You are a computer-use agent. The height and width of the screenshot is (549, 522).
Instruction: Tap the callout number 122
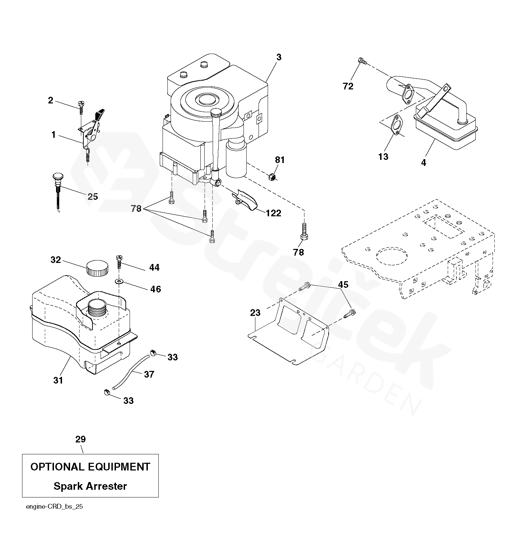point(273,213)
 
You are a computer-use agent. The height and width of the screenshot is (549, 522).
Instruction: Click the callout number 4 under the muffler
point(423,163)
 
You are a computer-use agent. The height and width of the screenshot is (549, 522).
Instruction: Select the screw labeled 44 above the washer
point(119,262)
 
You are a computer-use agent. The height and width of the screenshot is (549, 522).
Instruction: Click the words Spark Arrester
point(90,486)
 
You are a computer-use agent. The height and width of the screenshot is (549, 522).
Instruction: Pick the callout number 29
point(81,439)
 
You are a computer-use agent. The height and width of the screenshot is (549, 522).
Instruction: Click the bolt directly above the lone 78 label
point(304,232)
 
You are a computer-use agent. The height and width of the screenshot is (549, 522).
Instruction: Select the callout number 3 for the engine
point(279,57)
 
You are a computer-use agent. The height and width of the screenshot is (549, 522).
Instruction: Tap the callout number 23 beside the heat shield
point(255,312)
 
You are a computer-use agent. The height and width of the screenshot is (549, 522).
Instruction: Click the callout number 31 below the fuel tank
point(58,380)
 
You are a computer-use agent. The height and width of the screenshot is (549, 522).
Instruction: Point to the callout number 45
point(343,285)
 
